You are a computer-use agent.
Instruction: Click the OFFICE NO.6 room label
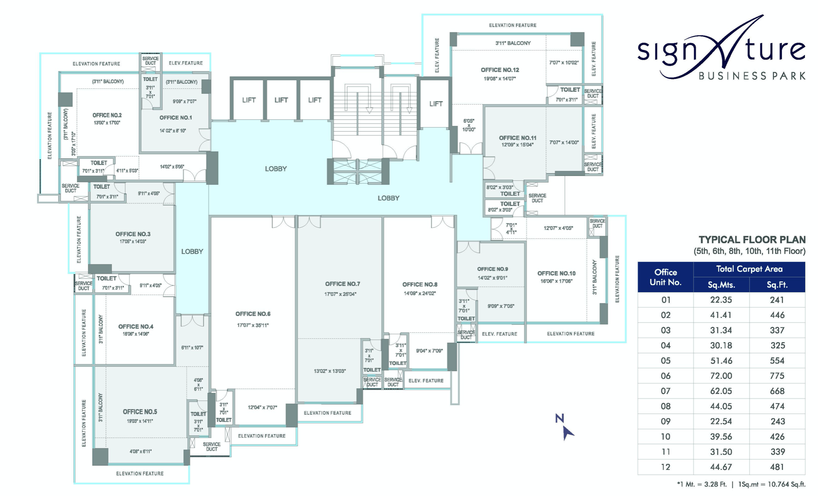click(x=253, y=314)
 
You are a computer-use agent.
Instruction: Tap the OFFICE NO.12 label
click(x=500, y=70)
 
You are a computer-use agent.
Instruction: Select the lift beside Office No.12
click(x=436, y=104)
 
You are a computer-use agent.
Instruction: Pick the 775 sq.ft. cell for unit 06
click(x=777, y=376)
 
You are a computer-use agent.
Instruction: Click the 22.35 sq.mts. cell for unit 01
click(x=721, y=300)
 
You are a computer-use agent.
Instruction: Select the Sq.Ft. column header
click(x=777, y=285)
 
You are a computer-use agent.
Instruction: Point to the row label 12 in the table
click(x=666, y=467)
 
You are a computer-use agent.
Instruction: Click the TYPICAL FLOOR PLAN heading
click(x=752, y=240)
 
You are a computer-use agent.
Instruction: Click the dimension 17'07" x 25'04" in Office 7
click(x=340, y=294)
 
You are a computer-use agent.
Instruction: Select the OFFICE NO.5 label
click(x=140, y=412)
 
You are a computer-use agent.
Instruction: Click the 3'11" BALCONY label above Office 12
click(x=513, y=43)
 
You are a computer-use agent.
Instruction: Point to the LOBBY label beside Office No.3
click(x=192, y=252)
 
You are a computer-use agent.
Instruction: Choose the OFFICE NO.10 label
click(x=556, y=273)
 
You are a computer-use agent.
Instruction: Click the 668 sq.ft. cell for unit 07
click(x=777, y=391)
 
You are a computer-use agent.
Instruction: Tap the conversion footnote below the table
click(x=741, y=485)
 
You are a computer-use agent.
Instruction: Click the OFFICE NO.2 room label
click(x=107, y=115)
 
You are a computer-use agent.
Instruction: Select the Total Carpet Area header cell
click(x=749, y=269)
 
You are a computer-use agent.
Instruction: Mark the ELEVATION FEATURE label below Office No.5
click(x=140, y=473)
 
